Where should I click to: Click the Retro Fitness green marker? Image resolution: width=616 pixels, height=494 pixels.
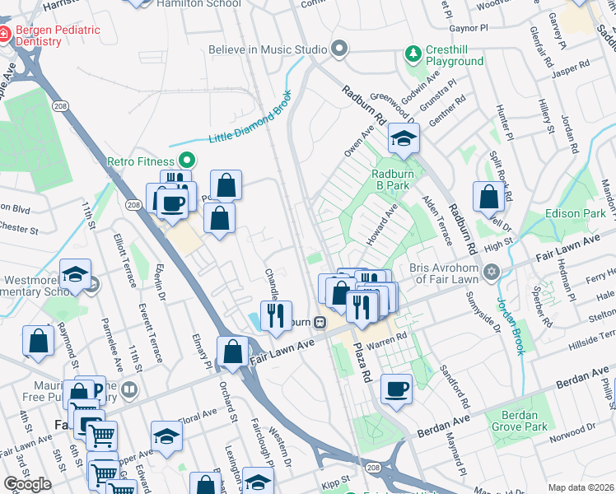[x=187, y=161]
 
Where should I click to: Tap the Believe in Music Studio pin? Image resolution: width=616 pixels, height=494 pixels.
[x=338, y=49]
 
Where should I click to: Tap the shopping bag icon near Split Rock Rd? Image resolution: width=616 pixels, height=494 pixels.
[x=489, y=197]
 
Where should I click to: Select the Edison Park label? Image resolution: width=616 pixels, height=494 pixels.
[x=575, y=213]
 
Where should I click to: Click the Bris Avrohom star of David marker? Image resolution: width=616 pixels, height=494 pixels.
[x=492, y=272]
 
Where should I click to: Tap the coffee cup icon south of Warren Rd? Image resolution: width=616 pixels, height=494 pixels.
[x=396, y=389]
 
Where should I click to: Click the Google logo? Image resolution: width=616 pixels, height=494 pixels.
[x=27, y=483]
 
